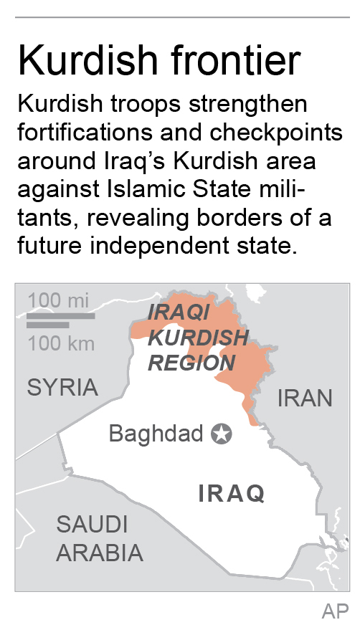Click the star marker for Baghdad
coord(222,433)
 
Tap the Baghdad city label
coord(156,434)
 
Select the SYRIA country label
coord(62,387)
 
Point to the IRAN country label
coord(305,397)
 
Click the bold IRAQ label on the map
coord(231,493)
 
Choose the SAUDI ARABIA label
coord(99,538)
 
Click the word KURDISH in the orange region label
coord(198,337)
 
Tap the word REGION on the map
coord(191,362)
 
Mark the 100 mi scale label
coord(60,300)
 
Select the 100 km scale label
coord(61,343)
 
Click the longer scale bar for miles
coord(61,315)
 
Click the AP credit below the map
coord(334,611)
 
